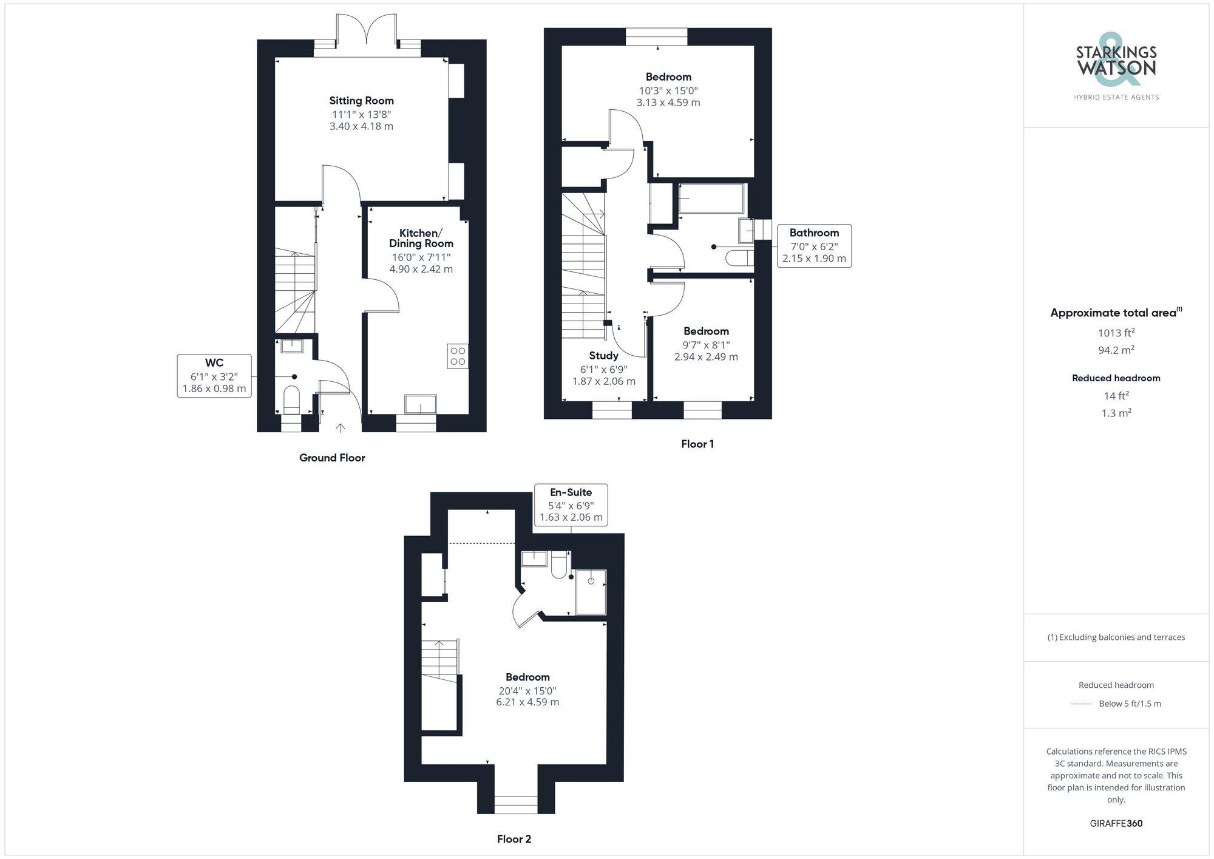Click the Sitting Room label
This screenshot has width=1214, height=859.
361,101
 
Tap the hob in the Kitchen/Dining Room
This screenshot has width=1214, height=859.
458,356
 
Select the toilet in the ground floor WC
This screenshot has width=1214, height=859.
292,399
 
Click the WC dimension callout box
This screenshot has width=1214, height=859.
214,376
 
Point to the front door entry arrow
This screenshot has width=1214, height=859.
341,428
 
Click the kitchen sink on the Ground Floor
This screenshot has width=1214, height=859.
421,404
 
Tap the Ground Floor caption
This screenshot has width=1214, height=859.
332,458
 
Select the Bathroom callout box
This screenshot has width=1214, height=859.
814,245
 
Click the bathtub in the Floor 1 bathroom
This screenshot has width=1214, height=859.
711,199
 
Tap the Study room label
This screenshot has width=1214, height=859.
603,356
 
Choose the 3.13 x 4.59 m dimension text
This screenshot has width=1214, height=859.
668,103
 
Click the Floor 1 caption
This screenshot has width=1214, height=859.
697,444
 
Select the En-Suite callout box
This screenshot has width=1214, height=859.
571,504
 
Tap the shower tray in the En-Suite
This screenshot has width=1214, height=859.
591,592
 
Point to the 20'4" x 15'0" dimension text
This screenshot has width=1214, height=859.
527,691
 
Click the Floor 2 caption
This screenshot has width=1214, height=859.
514,839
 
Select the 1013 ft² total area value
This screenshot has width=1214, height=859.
1116,333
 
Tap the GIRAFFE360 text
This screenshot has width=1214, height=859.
1116,823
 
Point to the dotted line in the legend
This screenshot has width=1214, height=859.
1082,704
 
